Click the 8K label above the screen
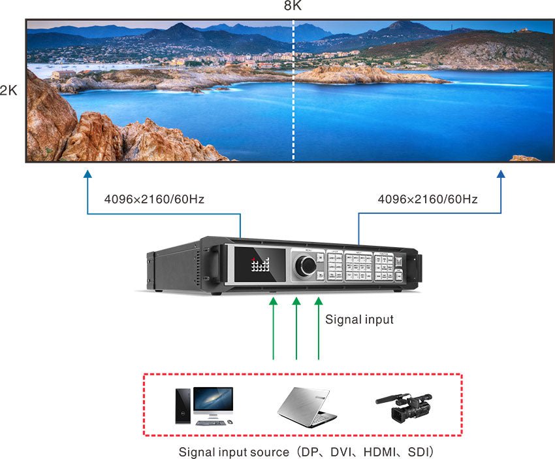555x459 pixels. pos(293,7)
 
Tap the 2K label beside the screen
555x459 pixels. pos(8,90)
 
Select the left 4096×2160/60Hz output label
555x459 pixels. pos(154,199)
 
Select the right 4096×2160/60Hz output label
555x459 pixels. pos(428,199)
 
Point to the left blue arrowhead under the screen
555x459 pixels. pos(88,175)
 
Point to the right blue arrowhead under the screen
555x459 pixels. pos(501,175)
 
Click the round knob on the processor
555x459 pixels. pos(305,266)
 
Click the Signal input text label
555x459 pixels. pos(359,320)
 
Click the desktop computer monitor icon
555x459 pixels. pos(213,402)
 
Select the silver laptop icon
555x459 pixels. pos(306,405)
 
